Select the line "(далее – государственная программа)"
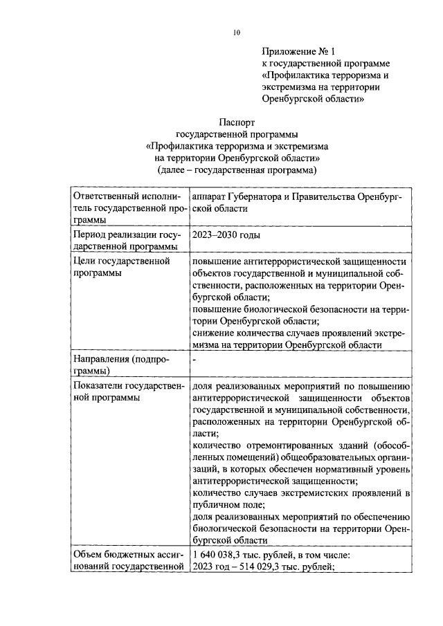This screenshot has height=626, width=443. click(237, 169)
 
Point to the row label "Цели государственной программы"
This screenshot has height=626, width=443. click(122, 267)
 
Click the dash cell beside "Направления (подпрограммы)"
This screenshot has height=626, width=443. click(196, 360)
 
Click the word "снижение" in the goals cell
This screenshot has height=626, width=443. click(215, 333)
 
